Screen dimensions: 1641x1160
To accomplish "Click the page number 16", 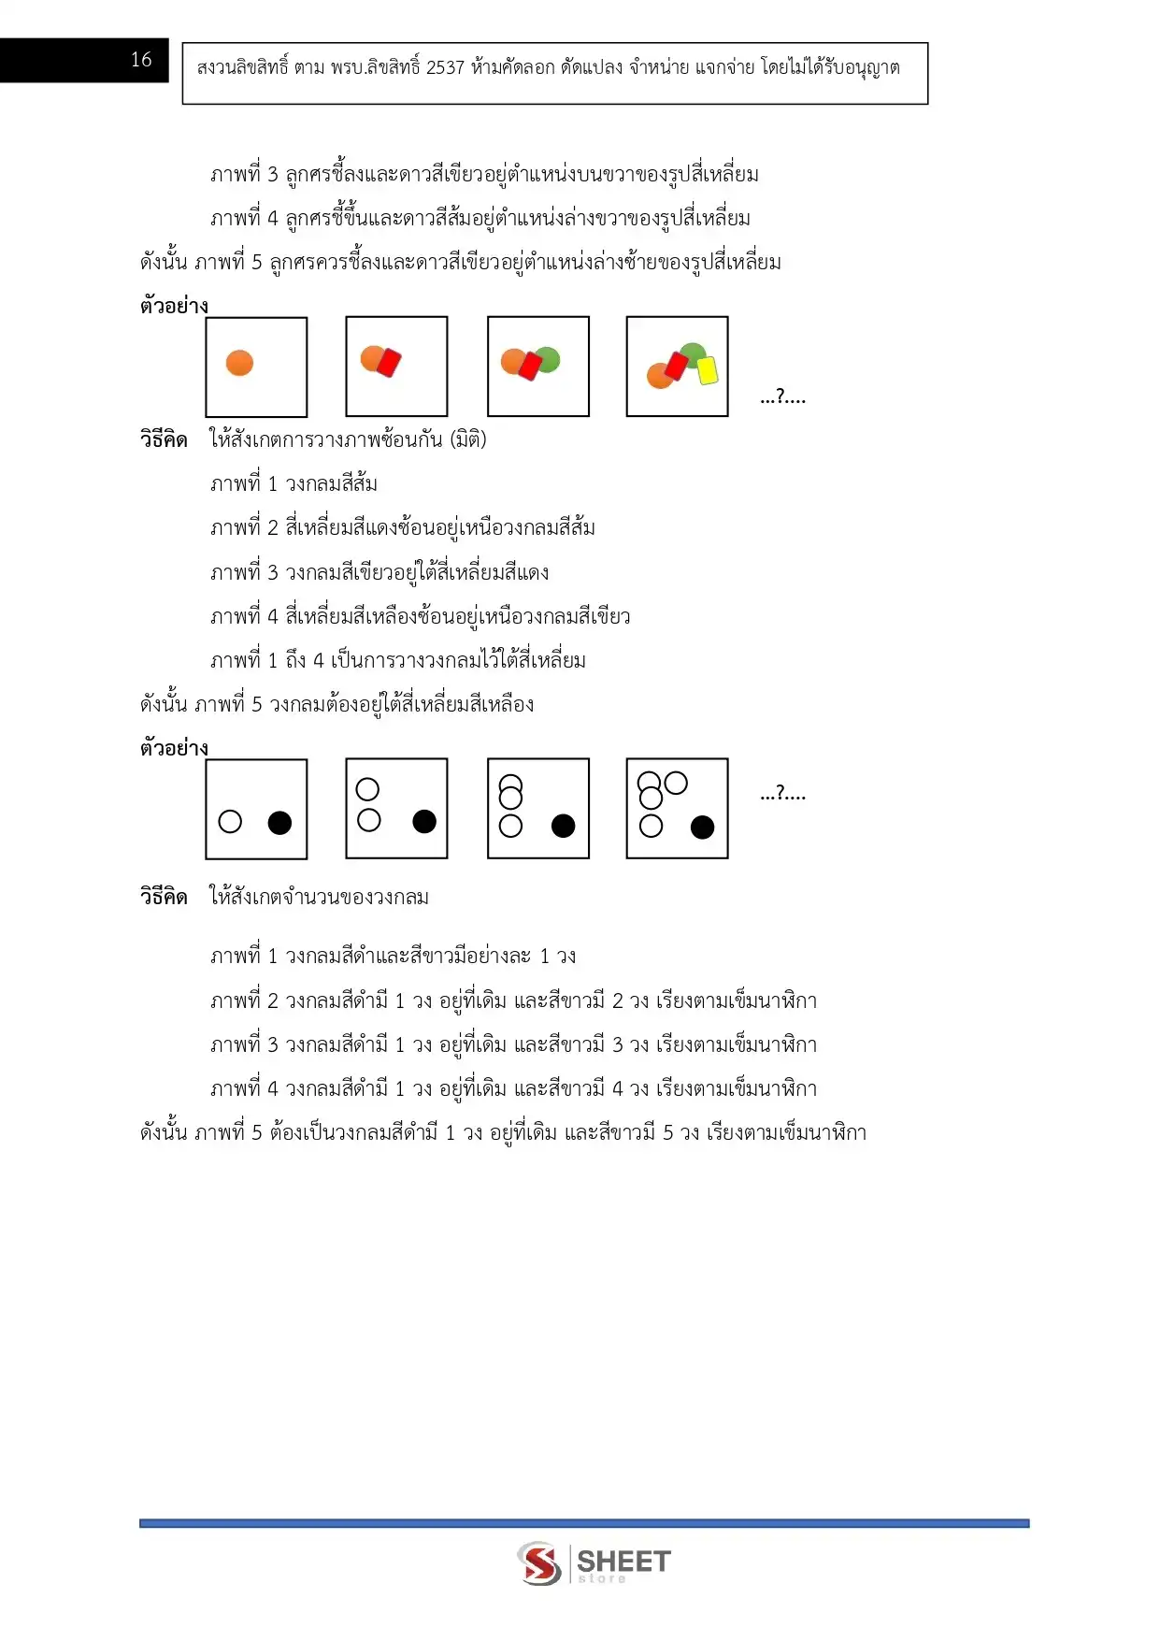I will coord(141,60).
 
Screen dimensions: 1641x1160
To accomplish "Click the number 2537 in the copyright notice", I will coord(444,67).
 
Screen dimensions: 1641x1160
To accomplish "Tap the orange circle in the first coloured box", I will coord(240,363).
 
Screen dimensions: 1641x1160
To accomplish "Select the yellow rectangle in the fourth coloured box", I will coord(709,370).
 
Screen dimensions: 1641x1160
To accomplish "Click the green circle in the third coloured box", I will coord(549,358).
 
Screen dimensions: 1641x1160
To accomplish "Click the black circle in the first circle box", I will coord(279,823).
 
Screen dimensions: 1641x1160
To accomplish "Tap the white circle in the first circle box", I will coord(230,822).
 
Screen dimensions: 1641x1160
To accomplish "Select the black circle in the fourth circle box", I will coord(702,827).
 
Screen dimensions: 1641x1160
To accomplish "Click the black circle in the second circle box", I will coord(424,821).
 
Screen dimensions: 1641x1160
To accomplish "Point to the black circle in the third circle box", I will coord(563,826).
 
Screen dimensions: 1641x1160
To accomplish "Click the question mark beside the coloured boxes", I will coord(783,397).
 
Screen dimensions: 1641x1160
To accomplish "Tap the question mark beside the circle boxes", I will coord(783,794).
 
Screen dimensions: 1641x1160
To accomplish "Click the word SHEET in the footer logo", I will coord(623,1561).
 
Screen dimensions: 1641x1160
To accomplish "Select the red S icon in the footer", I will coord(539,1563).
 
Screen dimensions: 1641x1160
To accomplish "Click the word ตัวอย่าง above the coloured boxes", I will coord(174,306).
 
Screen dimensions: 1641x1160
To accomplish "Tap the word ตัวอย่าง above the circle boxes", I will coord(174,748).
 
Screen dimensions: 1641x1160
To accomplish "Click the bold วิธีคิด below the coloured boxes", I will coord(164,439).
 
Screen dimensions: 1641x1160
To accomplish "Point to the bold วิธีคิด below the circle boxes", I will coord(164,897).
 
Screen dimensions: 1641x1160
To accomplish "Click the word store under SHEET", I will coord(602,1579).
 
